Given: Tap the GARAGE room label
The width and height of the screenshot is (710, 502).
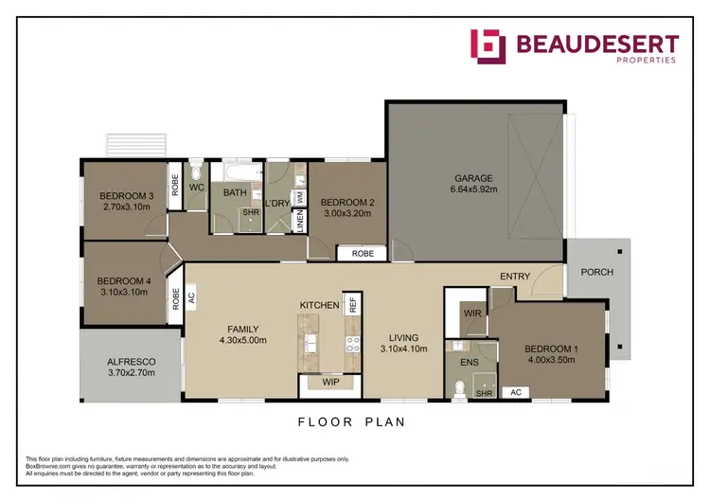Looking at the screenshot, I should [x=473, y=177].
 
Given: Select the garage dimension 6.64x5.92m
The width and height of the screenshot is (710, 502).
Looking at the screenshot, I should [x=473, y=189].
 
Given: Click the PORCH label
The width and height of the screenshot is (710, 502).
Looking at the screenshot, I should [x=597, y=273].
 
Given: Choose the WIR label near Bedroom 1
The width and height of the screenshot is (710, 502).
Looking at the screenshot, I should [x=471, y=313].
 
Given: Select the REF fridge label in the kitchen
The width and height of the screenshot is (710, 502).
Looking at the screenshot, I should [x=352, y=305].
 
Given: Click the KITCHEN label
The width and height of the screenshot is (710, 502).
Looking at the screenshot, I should [x=319, y=305].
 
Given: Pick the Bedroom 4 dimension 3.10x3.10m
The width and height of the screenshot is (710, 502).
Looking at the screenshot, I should [x=124, y=293].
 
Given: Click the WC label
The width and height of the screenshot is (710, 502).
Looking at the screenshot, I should [x=198, y=188].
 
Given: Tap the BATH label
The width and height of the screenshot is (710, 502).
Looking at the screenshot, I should [x=235, y=193].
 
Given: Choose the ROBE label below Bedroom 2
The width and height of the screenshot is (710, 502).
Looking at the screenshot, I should [x=363, y=254].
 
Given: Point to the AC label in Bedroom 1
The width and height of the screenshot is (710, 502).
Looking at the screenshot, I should [x=517, y=391].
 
